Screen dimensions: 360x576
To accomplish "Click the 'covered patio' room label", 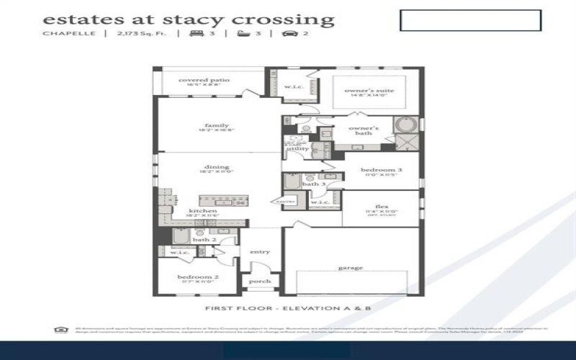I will (x=204, y=80).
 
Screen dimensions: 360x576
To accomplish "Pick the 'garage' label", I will (x=351, y=268).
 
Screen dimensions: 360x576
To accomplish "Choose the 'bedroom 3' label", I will (x=382, y=169).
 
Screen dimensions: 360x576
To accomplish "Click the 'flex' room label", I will (x=382, y=206).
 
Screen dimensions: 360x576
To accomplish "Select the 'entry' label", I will (x=260, y=252).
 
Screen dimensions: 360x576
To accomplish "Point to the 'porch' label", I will (x=260, y=282).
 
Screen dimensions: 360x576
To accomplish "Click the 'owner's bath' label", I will (x=364, y=130).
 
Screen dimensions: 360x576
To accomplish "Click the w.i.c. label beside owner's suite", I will (x=292, y=87).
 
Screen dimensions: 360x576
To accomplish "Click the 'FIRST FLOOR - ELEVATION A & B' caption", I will (x=288, y=308).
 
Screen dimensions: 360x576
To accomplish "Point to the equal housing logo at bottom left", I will (x=60, y=330).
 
